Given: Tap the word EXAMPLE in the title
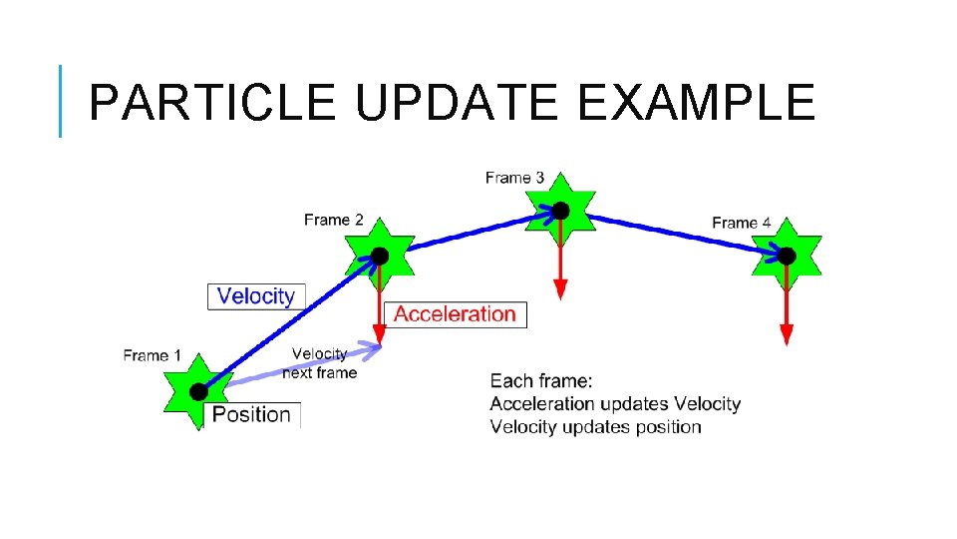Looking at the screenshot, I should click(696, 102).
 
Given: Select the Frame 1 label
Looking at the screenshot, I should click(153, 355).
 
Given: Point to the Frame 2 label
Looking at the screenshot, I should click(334, 220).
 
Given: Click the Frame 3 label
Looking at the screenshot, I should click(514, 178).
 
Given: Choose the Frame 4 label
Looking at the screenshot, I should click(742, 223).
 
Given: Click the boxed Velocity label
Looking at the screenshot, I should click(256, 296).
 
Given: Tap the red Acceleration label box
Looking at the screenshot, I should click(455, 314).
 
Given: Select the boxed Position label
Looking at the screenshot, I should click(251, 414).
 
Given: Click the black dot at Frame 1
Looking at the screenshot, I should click(198, 390).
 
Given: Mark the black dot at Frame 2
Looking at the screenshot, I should click(380, 256).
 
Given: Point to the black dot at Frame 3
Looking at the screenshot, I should click(561, 211).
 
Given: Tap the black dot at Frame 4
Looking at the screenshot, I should click(787, 257).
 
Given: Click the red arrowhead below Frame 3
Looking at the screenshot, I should click(561, 289).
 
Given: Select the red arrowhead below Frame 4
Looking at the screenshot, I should click(787, 335).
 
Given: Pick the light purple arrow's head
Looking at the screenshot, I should click(374, 348).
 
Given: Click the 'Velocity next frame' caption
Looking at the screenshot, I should click(319, 363).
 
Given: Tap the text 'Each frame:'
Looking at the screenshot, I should click(541, 380).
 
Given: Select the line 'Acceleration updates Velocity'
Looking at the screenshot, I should click(615, 404).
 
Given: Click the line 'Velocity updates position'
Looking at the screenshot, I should click(596, 427).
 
